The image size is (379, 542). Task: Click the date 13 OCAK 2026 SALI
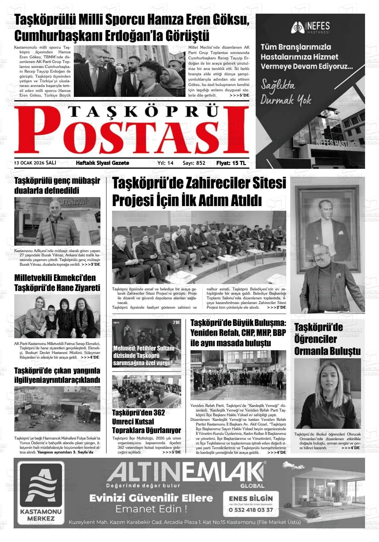(35, 163)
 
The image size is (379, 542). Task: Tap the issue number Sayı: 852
(194, 163)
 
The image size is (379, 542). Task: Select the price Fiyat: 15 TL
(231, 163)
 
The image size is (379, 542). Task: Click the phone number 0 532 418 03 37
(251, 510)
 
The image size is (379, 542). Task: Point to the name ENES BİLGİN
(251, 498)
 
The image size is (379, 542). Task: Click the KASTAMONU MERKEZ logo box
(41, 493)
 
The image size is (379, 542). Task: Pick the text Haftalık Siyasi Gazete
(102, 163)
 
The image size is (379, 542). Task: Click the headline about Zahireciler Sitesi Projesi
(199, 192)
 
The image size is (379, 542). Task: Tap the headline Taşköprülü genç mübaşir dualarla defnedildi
(57, 186)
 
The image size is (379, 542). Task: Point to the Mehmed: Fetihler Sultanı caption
(144, 356)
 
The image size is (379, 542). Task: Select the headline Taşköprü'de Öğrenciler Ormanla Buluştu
(327, 339)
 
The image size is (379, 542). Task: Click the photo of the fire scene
(57, 409)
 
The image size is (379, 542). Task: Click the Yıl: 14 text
(165, 163)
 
